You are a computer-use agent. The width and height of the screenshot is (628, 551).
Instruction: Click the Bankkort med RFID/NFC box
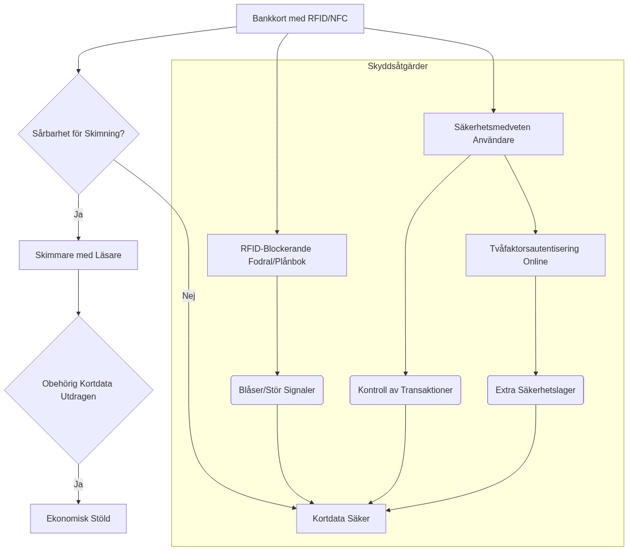point(300,19)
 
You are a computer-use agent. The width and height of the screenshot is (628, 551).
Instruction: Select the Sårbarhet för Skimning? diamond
point(79,134)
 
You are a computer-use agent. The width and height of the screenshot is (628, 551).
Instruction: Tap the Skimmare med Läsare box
point(78,255)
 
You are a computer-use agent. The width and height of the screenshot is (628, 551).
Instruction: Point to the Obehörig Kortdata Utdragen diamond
point(79,390)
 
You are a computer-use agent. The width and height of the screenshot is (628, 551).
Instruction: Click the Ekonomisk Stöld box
point(78,518)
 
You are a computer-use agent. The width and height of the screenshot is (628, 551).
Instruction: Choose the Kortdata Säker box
point(341,518)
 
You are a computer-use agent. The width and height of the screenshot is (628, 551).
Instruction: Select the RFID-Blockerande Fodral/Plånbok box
point(277,255)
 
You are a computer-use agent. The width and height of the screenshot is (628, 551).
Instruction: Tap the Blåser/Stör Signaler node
point(277,390)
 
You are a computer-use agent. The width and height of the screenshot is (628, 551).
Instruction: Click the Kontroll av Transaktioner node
point(405,390)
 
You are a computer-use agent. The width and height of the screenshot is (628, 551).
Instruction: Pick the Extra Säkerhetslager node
point(535,390)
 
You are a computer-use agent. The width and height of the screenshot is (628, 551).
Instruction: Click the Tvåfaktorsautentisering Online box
point(535,255)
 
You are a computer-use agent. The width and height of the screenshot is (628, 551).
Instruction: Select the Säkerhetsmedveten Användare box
point(493,134)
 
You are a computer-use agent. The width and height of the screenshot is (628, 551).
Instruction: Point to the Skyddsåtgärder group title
point(397,66)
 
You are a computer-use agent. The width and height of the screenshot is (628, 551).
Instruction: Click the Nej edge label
point(188,296)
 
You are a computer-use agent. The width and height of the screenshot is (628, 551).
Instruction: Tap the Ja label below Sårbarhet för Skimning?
point(78,215)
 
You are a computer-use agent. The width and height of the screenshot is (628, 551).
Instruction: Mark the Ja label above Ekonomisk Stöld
point(78,485)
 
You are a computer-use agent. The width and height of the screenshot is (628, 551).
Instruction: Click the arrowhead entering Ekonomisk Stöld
point(78,501)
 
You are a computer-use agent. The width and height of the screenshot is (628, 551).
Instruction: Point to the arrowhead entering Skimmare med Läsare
point(78,238)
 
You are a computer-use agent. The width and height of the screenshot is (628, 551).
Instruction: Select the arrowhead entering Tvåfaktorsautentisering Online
point(535,231)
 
